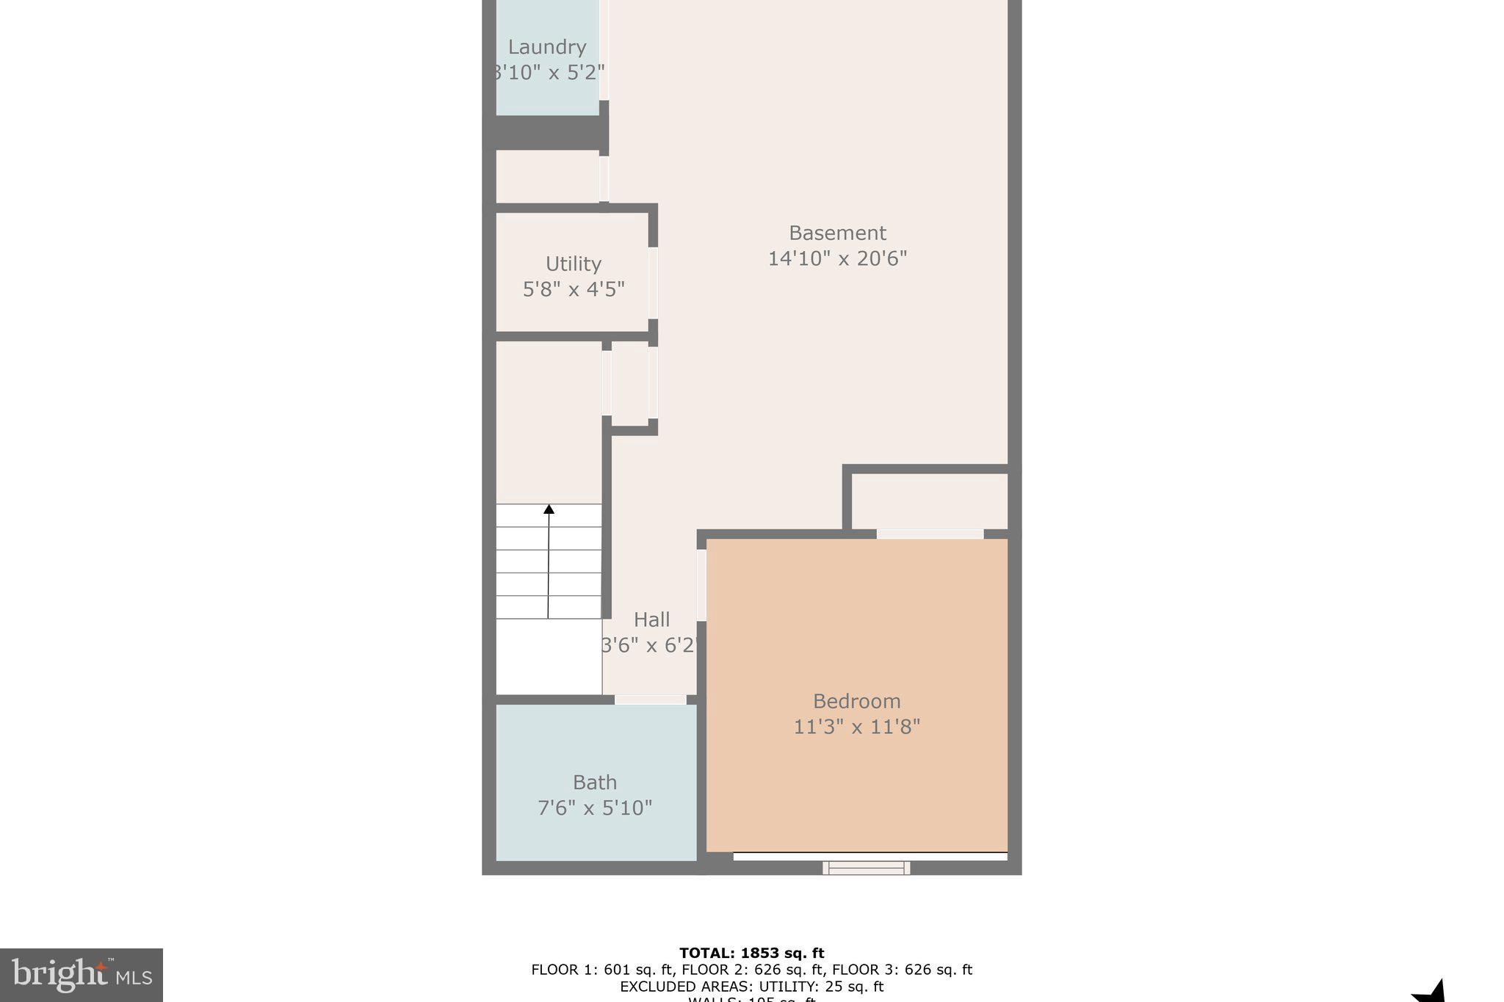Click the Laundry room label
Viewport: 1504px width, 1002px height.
pyautogui.click(x=547, y=47)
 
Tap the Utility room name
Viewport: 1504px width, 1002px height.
pyautogui.click(x=573, y=264)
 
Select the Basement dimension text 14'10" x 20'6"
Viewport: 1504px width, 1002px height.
pyautogui.click(x=837, y=258)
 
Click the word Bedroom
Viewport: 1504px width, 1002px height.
pyautogui.click(x=856, y=701)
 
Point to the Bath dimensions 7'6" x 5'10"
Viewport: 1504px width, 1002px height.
pyautogui.click(x=595, y=808)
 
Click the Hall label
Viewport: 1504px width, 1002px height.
pyautogui.click(x=651, y=620)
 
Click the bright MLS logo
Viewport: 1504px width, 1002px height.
pyautogui.click(x=82, y=975)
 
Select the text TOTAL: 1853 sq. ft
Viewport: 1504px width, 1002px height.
pyautogui.click(x=751, y=953)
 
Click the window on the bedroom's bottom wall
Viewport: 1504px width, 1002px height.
pyautogui.click(x=866, y=868)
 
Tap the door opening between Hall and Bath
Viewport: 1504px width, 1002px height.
pyautogui.click(x=650, y=700)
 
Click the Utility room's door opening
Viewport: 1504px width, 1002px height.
pyautogui.click(x=653, y=283)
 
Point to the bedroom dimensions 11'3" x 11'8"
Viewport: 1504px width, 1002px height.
pyautogui.click(x=856, y=727)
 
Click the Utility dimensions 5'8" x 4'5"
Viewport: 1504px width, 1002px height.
pyautogui.click(x=573, y=289)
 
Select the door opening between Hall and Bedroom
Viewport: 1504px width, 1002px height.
pyautogui.click(x=701, y=584)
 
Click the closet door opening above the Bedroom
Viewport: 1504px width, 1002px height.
pyautogui.click(x=929, y=534)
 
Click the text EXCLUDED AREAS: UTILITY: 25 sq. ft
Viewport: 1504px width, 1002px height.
pyautogui.click(x=751, y=987)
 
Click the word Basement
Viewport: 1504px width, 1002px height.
pyautogui.click(x=837, y=233)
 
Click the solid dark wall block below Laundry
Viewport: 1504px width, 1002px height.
pyautogui.click(x=547, y=133)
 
